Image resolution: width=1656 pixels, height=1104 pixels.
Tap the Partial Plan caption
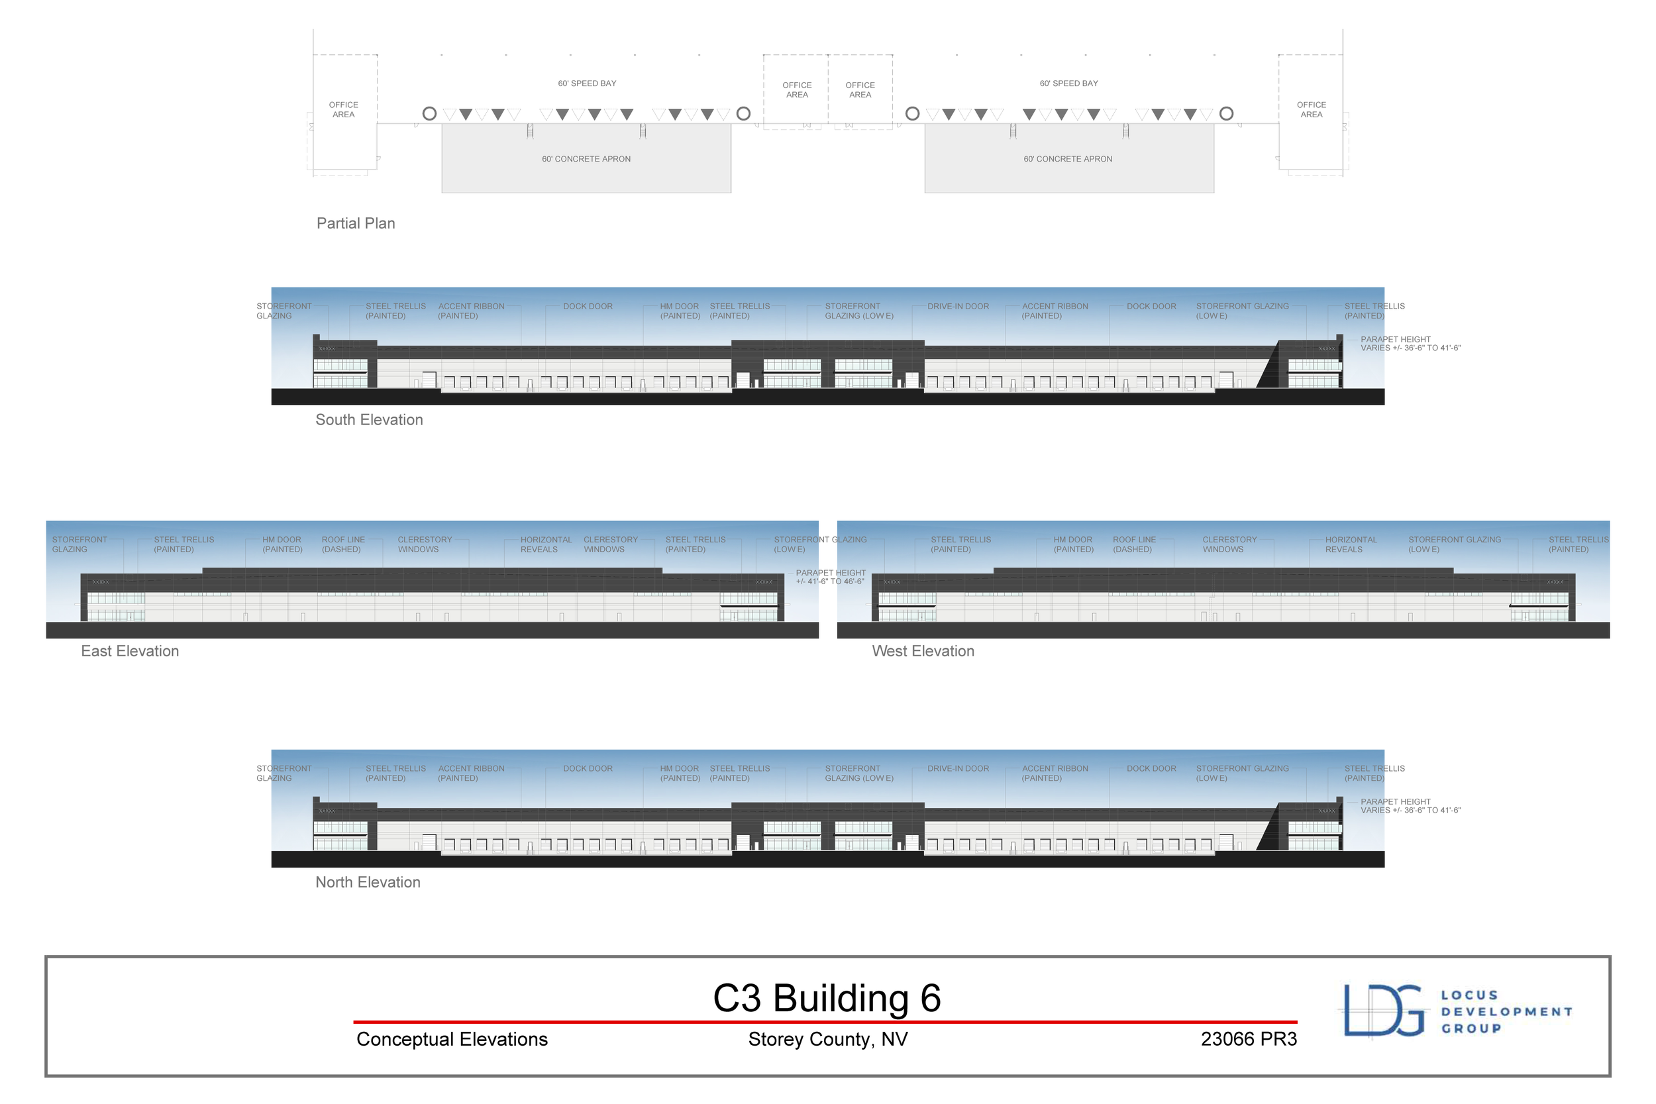tap(356, 223)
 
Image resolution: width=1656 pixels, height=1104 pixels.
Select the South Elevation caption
tap(369, 420)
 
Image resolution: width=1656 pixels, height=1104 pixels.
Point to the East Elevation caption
tap(130, 651)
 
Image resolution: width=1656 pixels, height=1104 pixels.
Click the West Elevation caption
tap(923, 651)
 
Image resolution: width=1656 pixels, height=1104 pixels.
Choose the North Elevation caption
tap(368, 882)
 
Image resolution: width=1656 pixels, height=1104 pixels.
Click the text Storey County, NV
tap(828, 1039)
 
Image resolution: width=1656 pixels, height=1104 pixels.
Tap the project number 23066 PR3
tap(1249, 1039)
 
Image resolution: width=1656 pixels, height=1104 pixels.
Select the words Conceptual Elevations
tap(451, 1039)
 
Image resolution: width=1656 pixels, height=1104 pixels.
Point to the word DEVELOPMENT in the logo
tap(1506, 1012)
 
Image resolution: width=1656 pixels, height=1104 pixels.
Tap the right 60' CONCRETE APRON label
tap(1067, 159)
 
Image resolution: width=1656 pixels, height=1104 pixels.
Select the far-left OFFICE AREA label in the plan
tap(344, 110)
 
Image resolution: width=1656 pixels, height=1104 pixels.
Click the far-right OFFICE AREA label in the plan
tap(1311, 110)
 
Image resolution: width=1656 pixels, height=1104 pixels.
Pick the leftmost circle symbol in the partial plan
tap(429, 113)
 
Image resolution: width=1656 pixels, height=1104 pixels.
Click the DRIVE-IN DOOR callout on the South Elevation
tap(958, 306)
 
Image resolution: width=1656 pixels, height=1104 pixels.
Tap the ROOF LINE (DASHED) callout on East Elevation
tap(343, 544)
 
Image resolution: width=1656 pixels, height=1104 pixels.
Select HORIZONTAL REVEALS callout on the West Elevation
tap(1351, 544)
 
